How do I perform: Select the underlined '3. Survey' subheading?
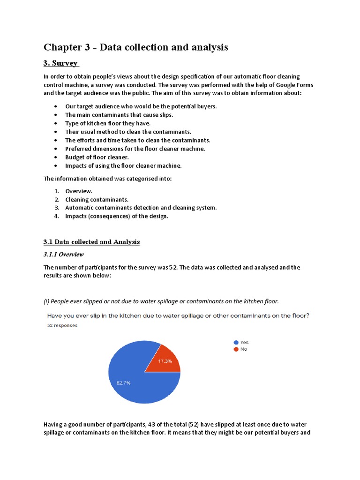pos(61,63)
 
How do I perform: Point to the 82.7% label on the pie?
pos(123,383)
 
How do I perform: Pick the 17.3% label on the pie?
pos(165,361)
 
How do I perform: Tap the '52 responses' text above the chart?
pos(62,325)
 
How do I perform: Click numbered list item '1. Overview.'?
pos(79,191)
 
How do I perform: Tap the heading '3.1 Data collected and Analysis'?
pos(91,242)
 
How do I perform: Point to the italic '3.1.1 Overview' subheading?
pos(63,255)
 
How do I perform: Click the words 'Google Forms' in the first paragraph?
pos(295,84)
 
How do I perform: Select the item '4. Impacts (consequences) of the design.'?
pos(116,216)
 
